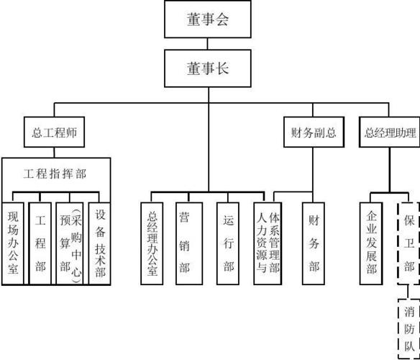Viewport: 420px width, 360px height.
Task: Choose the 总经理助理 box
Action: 390,132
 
